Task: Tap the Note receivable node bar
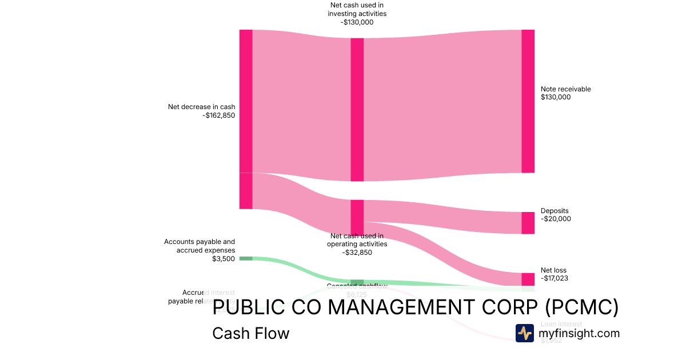coord(528,101)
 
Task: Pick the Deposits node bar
coord(528,223)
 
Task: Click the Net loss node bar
coord(528,279)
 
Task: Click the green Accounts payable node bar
coord(245,258)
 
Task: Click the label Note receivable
coord(565,89)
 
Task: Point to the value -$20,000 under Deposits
coord(556,219)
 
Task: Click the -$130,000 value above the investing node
coord(357,22)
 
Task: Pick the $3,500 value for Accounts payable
coord(223,259)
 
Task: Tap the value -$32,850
coord(357,252)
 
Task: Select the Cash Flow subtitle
coord(250,333)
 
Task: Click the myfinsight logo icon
coord(524,333)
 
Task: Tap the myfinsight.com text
coord(579,333)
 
